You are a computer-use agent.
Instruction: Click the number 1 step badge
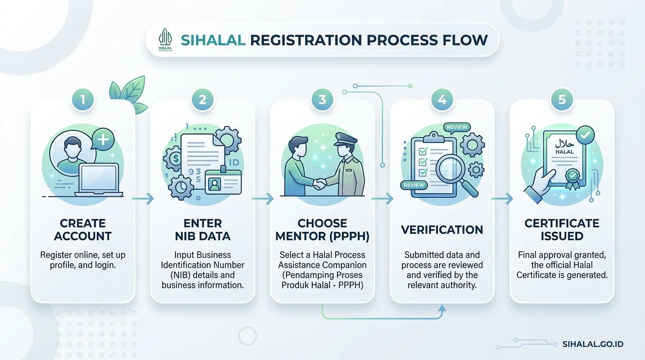click(x=83, y=100)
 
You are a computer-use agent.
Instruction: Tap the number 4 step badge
click(x=442, y=100)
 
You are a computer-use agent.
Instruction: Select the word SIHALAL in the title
click(x=213, y=40)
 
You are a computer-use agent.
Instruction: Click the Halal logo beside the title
click(x=165, y=39)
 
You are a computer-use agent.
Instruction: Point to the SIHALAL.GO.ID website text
click(x=593, y=344)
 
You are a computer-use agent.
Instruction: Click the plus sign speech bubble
click(x=103, y=139)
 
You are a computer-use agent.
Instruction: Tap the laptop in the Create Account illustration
click(x=99, y=180)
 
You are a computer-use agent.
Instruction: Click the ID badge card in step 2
click(x=223, y=181)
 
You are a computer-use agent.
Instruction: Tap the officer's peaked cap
click(x=345, y=139)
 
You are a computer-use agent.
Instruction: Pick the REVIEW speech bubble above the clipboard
click(x=457, y=127)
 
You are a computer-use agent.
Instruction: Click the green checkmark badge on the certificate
click(x=585, y=135)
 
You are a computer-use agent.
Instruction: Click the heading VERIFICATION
click(x=442, y=230)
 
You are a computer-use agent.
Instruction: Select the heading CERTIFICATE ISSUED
click(x=562, y=230)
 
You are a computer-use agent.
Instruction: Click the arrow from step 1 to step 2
click(x=143, y=198)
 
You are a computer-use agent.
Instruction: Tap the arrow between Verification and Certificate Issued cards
click(x=502, y=198)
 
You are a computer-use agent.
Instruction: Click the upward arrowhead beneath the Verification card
click(x=442, y=308)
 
